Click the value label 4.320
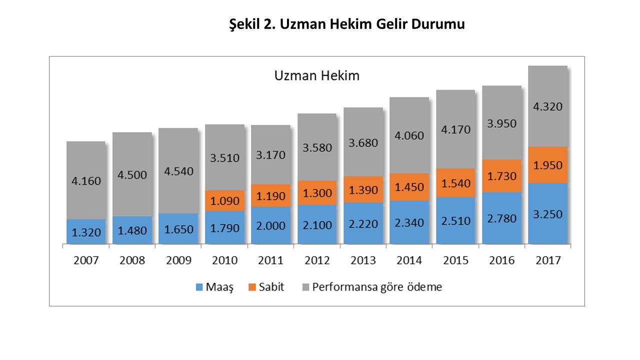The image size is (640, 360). coord(547,106)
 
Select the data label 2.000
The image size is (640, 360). coord(270,225)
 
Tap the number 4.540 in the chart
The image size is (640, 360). coord(178,171)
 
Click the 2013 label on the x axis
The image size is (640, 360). coord(363,260)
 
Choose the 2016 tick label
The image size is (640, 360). coord(501,260)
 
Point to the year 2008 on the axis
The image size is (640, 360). coord(132,260)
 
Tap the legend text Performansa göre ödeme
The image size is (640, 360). coord(377,287)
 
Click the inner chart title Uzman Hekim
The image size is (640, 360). coord(317,76)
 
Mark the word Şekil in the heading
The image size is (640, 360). coord(244,24)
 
